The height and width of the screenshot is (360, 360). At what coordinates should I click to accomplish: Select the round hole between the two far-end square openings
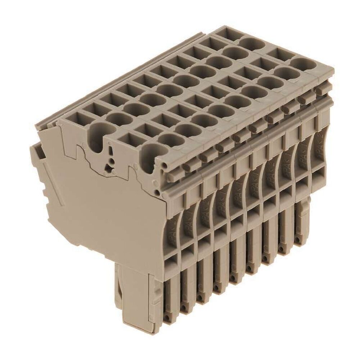pyautogui.click(x=251, y=44)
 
